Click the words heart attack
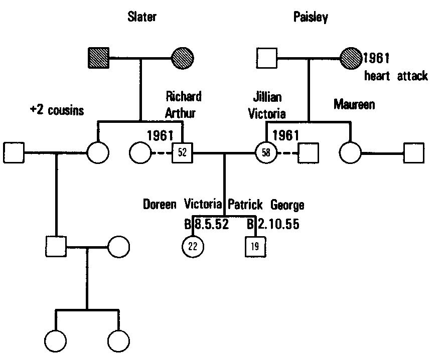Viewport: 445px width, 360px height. coord(396,76)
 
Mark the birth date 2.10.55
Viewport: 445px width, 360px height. coord(277,224)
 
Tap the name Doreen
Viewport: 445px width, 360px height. coord(160,205)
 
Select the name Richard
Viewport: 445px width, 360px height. coord(183,96)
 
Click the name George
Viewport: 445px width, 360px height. coord(287,205)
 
